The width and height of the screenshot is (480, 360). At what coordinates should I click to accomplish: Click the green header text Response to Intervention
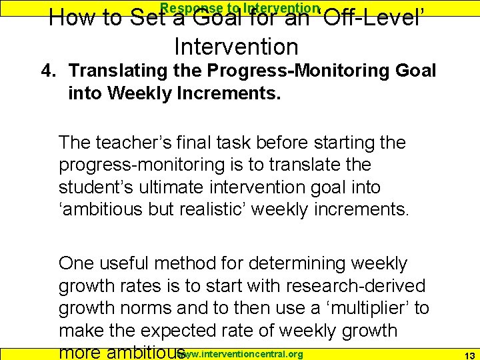tap(240, 8)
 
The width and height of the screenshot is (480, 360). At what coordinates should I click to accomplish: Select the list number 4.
tap(47, 71)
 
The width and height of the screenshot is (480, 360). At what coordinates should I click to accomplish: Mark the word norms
tap(145, 308)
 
